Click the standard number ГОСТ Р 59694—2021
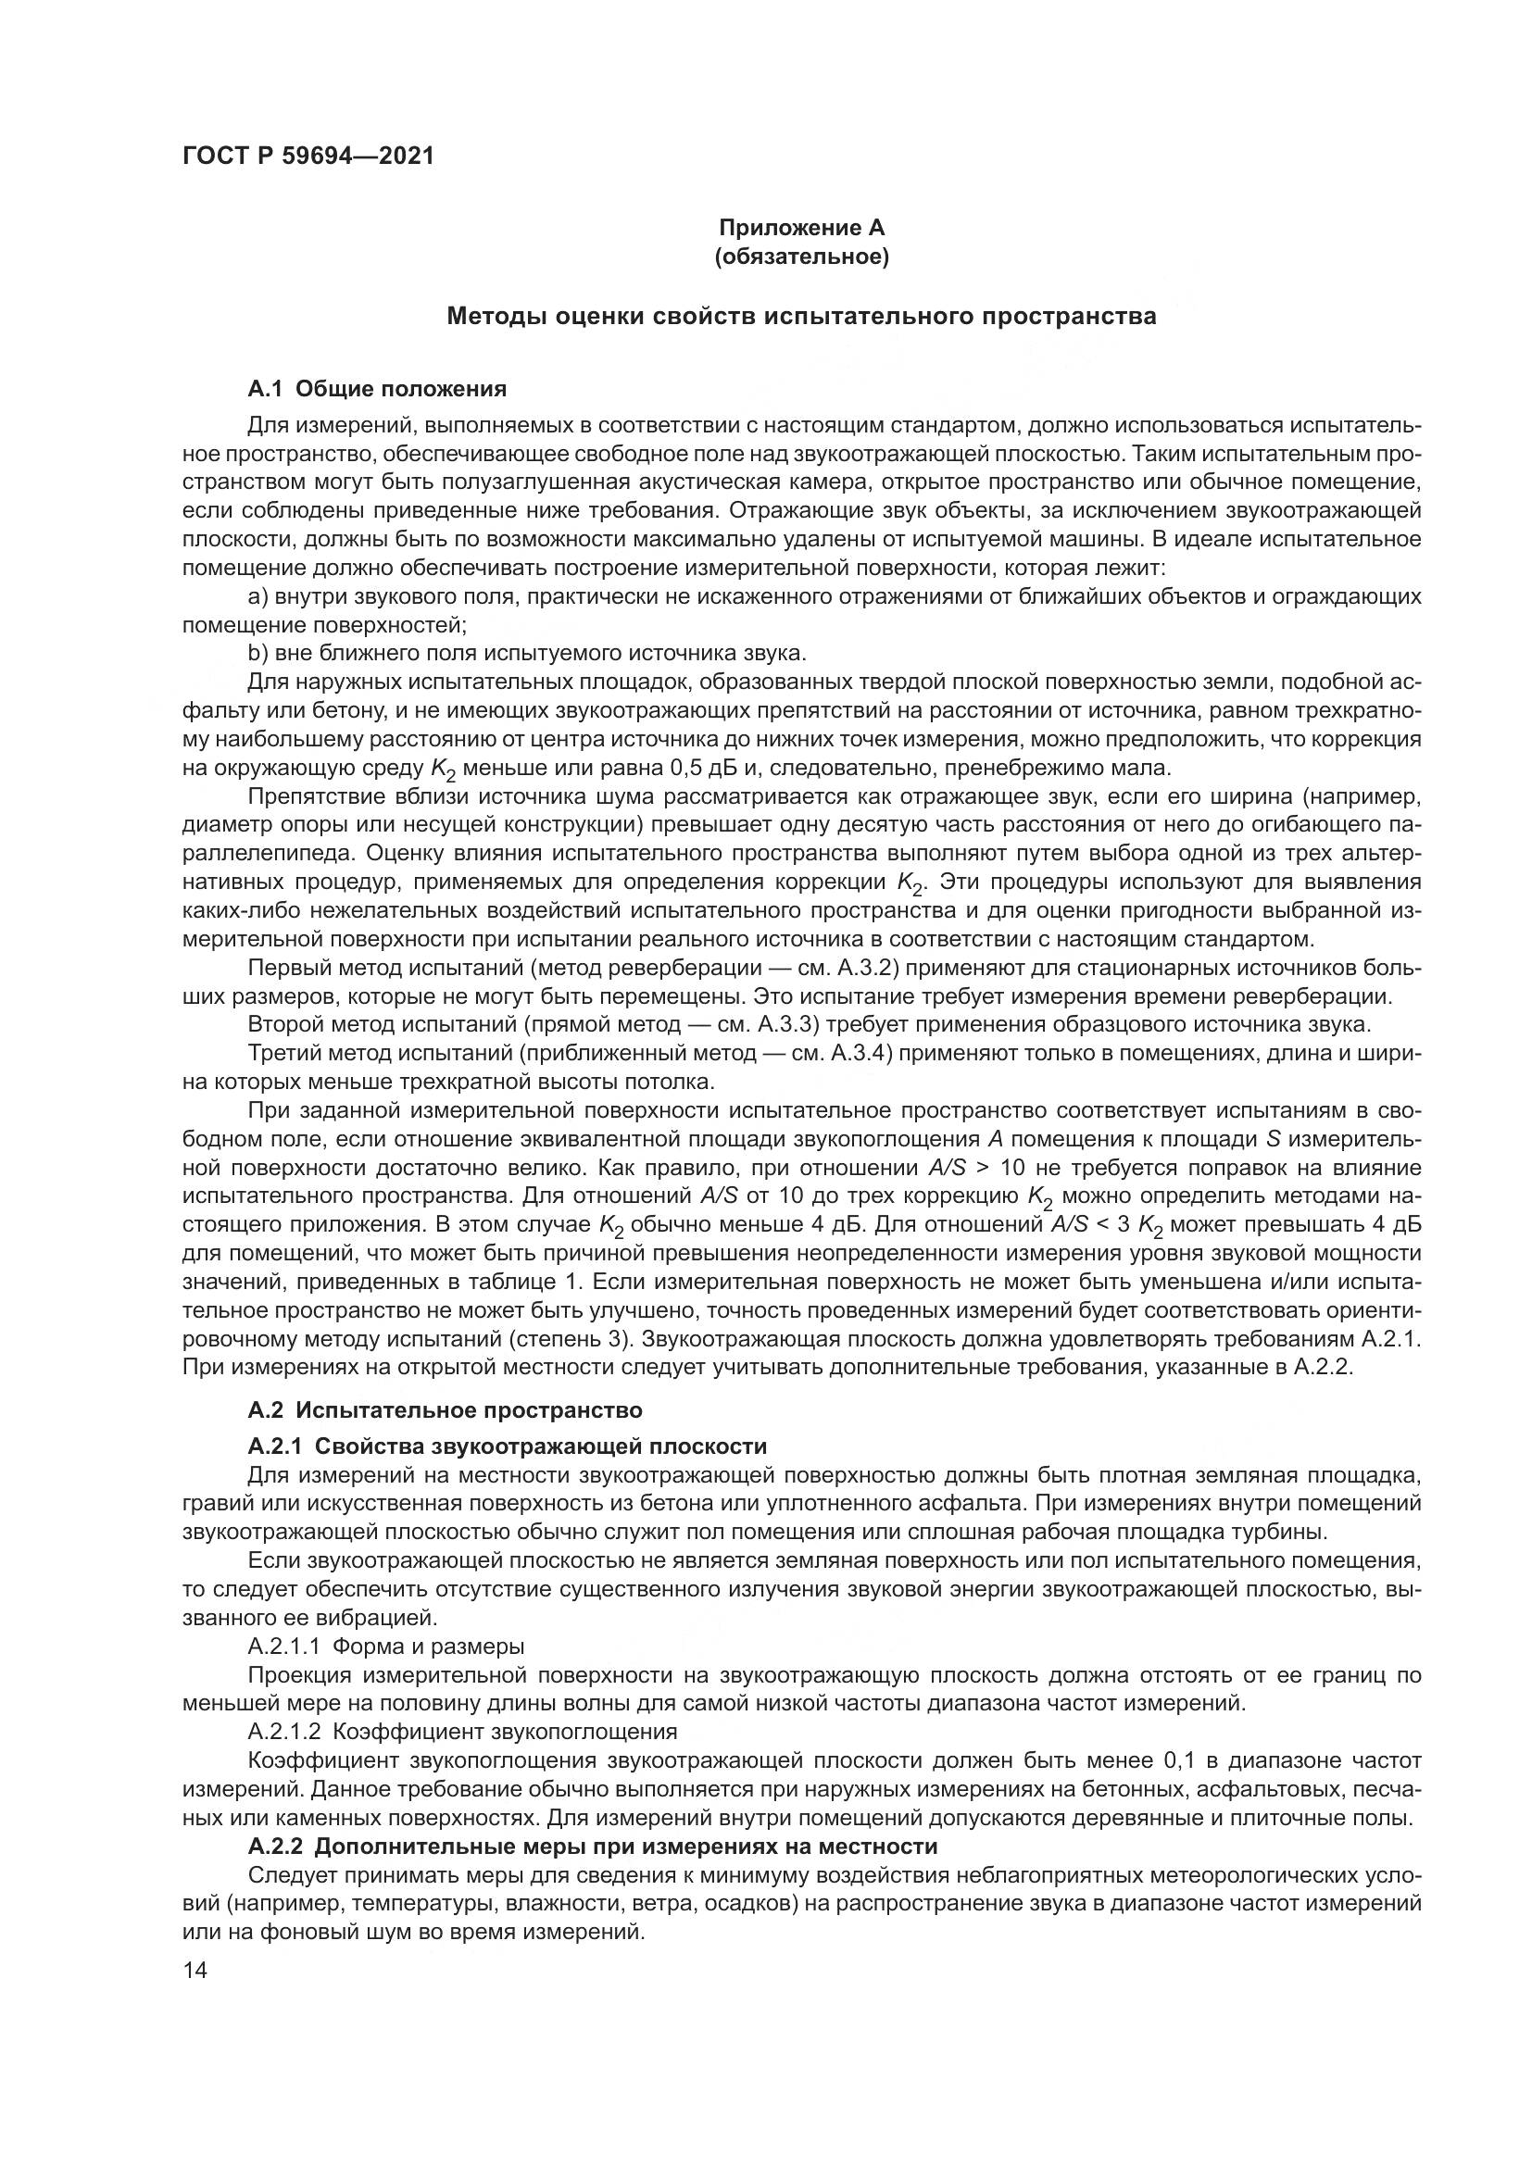click(308, 157)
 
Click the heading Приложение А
click(801, 228)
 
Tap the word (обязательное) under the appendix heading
click(801, 257)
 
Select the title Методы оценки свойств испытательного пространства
click(801, 316)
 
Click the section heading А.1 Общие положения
click(376, 389)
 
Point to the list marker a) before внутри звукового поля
click(258, 597)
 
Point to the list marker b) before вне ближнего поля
click(258, 654)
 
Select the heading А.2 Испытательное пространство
click(445, 1410)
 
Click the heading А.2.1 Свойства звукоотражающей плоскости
click(507, 1446)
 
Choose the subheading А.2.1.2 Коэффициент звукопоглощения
click(462, 1731)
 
